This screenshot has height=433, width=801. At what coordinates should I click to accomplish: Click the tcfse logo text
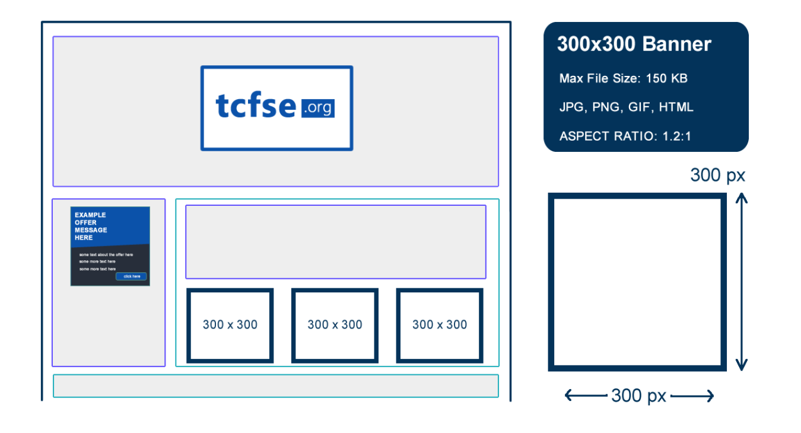[x=256, y=106]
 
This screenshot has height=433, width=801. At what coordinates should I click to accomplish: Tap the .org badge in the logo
[x=318, y=108]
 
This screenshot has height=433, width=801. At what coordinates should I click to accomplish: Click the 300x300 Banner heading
[x=634, y=44]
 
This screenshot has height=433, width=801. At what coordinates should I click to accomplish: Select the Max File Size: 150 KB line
[x=623, y=78]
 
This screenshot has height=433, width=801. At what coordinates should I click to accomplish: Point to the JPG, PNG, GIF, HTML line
[x=626, y=107]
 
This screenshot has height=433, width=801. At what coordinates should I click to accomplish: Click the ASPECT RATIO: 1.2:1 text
[x=625, y=136]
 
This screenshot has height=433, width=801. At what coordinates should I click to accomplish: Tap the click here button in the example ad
[x=131, y=276]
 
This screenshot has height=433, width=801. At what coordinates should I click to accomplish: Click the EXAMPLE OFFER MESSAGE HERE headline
[x=91, y=226]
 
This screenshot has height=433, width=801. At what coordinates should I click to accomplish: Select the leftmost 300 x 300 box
[x=230, y=325]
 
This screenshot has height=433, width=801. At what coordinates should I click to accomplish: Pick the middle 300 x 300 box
[x=335, y=325]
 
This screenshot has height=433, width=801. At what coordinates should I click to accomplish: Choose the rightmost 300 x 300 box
[x=440, y=325]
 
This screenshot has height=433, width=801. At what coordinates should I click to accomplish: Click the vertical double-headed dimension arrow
[x=740, y=282]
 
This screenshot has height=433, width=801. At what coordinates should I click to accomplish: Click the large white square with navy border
[x=637, y=282]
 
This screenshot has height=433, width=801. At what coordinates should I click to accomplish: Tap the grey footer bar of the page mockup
[x=275, y=386]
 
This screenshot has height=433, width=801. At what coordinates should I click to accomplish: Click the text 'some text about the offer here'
[x=106, y=254]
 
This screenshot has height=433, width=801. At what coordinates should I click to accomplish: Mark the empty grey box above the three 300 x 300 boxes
[x=335, y=241]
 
